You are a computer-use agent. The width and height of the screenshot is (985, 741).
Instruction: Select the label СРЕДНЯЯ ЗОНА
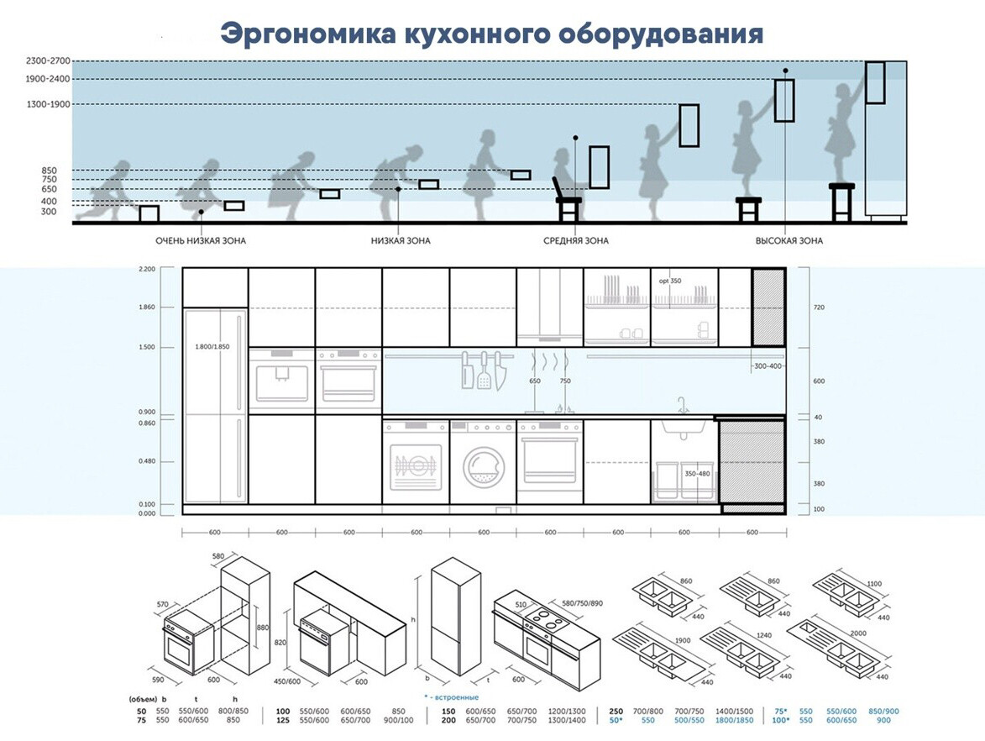[576, 241]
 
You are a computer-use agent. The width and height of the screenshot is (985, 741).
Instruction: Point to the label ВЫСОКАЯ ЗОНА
[789, 241]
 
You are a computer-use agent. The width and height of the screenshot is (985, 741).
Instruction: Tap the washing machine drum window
[483, 467]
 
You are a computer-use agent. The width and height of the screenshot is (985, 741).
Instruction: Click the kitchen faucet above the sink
[684, 405]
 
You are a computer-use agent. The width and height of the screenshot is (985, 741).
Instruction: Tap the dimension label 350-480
[697, 474]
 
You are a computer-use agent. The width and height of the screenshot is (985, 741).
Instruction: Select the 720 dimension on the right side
[820, 307]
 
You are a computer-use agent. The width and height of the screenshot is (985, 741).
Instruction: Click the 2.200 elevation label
[147, 269]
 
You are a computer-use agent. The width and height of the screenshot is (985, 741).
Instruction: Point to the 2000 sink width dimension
[858, 631]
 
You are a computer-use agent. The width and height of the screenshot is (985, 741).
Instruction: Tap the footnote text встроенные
[455, 696]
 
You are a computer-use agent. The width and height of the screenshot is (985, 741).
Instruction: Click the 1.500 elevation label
[147, 347]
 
